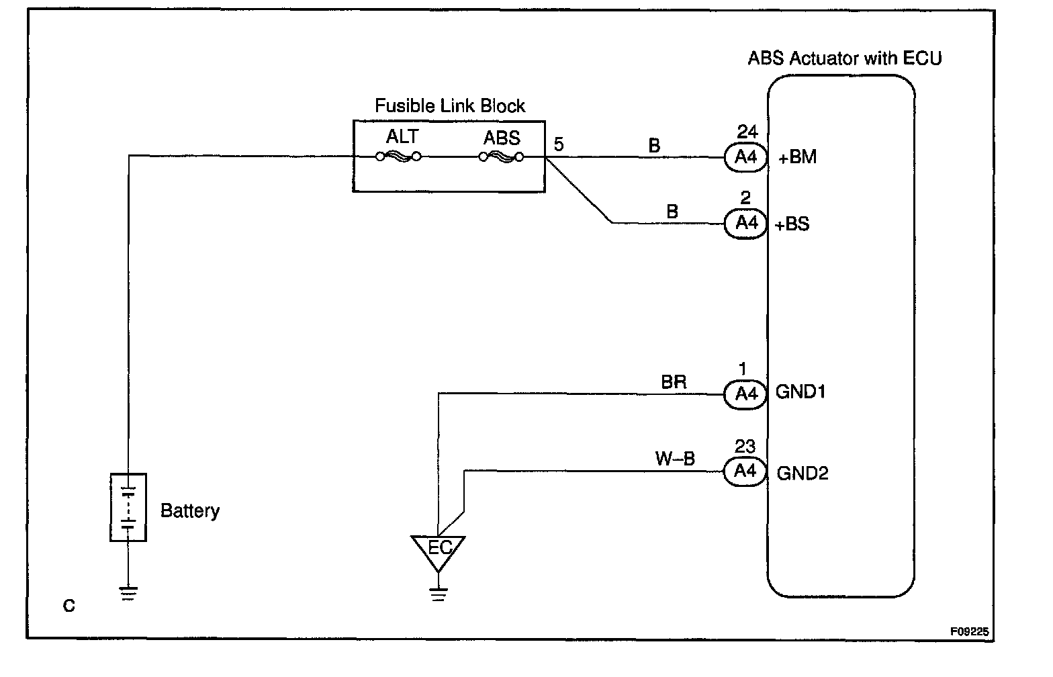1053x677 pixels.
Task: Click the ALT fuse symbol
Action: [398, 157]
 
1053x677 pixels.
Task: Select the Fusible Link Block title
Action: [449, 106]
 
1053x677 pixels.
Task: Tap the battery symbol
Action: [128, 507]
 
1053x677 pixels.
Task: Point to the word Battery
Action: [190, 511]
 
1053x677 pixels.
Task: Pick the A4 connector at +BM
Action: [745, 157]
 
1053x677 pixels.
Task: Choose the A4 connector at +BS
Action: [745, 223]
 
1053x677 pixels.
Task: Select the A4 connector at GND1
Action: [745, 394]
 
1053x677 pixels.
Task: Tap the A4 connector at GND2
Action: [745, 471]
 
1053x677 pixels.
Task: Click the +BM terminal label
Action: [797, 158]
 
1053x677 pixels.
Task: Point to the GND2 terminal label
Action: [803, 473]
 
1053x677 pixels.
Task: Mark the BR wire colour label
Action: [674, 382]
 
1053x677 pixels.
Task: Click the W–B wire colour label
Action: [675, 459]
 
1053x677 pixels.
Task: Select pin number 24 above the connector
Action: [747, 132]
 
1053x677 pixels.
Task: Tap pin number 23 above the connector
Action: [745, 447]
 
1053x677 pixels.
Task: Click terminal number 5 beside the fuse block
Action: [559, 144]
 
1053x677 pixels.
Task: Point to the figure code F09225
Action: [969, 632]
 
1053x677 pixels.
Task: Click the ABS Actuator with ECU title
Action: [845, 58]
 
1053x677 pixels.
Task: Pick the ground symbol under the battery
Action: [128, 593]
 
